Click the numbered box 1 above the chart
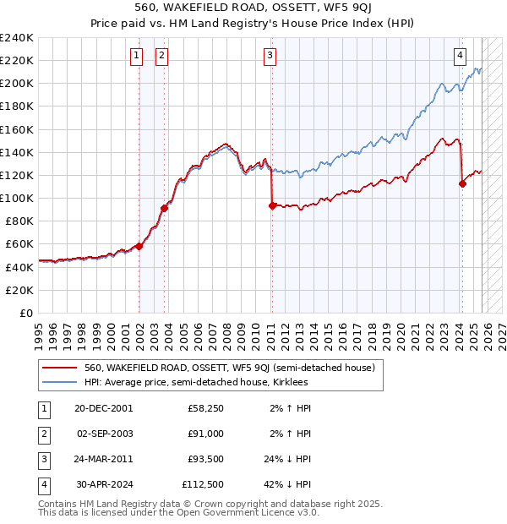pyautogui.click(x=136, y=57)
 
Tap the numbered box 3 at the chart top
pyautogui.click(x=270, y=57)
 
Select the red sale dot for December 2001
pyautogui.click(x=139, y=246)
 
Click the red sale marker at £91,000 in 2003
pyautogui.click(x=164, y=208)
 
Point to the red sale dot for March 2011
pyautogui.click(x=271, y=205)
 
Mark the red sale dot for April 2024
pyautogui.click(x=462, y=183)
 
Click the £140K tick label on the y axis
pyautogui.click(x=17, y=152)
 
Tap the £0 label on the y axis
pyautogui.click(x=25, y=313)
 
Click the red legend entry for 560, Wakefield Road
pyautogui.click(x=229, y=368)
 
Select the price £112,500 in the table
pyautogui.click(x=203, y=484)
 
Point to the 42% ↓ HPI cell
pyautogui.click(x=287, y=484)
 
